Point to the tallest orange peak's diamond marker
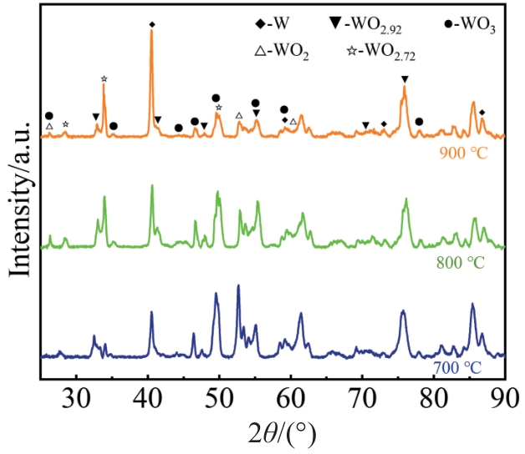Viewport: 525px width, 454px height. [x=151, y=24]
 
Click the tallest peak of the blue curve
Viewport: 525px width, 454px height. [x=238, y=286]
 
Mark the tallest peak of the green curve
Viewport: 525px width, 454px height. [x=151, y=186]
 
